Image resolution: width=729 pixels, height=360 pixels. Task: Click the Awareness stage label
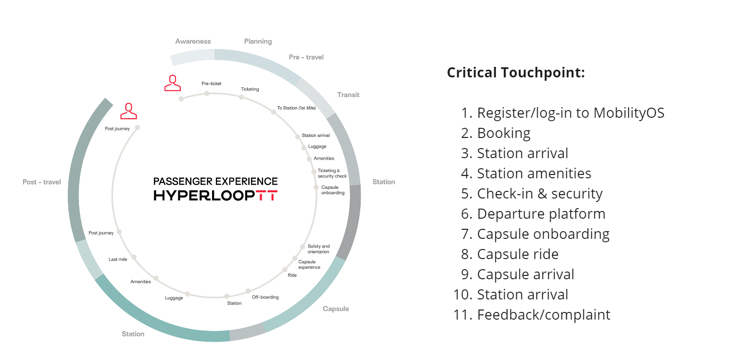193,41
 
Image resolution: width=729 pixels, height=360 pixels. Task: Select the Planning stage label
258,41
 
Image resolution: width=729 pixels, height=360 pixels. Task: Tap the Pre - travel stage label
306,57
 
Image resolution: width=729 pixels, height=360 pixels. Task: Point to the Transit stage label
348,95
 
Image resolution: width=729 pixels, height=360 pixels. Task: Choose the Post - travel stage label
42,182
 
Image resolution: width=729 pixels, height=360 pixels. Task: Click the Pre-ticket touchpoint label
211,84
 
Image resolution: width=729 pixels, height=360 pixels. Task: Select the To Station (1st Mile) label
296,108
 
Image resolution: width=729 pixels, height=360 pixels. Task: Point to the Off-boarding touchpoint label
265,297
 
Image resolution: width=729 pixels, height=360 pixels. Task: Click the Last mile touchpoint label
118,260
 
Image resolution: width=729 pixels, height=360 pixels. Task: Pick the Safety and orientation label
318,249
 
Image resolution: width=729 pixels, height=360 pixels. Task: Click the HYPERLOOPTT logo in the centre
215,196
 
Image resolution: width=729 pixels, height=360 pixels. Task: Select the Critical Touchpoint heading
516,73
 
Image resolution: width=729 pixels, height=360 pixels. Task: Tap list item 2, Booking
503,133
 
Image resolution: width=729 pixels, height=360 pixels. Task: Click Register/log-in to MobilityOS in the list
570,113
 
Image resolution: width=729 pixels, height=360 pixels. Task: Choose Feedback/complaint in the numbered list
543,315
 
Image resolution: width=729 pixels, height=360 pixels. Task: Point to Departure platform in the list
541,214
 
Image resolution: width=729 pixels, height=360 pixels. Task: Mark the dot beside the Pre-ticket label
207,93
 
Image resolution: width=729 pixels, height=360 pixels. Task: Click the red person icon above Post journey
128,111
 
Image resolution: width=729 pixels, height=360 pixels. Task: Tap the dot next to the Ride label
285,270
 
